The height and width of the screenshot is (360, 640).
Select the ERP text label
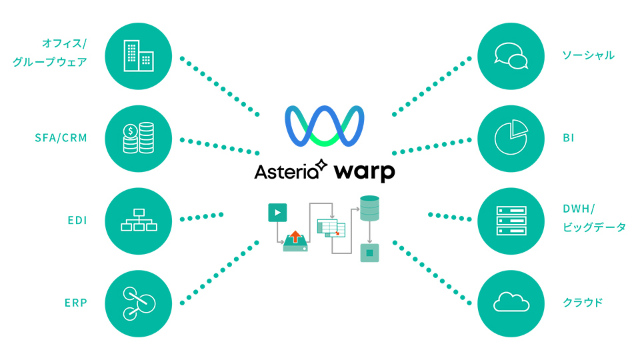pos(76,303)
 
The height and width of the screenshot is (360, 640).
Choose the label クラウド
pos(583,303)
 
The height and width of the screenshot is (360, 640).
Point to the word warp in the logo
pos(365,171)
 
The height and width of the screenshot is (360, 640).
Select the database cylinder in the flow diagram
pos(369,209)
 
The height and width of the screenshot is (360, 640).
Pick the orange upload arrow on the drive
pos(295,237)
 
